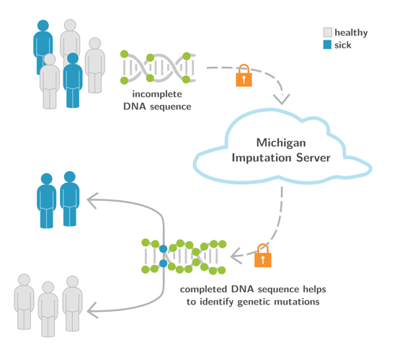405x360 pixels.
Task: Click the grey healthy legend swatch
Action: tap(327, 32)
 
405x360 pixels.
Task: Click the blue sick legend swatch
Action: tap(327, 45)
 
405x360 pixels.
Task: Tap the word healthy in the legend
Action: tap(351, 33)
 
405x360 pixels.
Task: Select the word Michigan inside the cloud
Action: tap(281, 143)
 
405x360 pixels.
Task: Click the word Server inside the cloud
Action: tap(313, 158)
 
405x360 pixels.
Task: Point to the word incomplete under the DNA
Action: tap(157, 94)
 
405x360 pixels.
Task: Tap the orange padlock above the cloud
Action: tap(244, 76)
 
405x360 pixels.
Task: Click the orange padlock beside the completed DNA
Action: tap(263, 256)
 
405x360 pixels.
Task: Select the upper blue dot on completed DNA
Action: tap(164, 249)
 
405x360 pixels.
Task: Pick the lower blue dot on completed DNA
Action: tap(164, 264)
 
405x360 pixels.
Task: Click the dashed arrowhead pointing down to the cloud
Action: tap(282, 99)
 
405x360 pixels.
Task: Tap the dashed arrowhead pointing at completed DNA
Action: tap(236, 256)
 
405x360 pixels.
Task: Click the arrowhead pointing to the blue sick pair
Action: tap(92, 200)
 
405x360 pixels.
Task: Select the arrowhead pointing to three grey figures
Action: tap(92, 311)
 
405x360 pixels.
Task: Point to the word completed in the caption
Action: tap(203, 289)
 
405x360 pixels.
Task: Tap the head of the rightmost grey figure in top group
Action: tap(95, 43)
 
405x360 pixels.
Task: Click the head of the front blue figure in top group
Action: tap(73, 58)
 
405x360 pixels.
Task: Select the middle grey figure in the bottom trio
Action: tap(48, 309)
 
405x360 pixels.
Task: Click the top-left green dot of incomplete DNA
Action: tap(124, 54)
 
